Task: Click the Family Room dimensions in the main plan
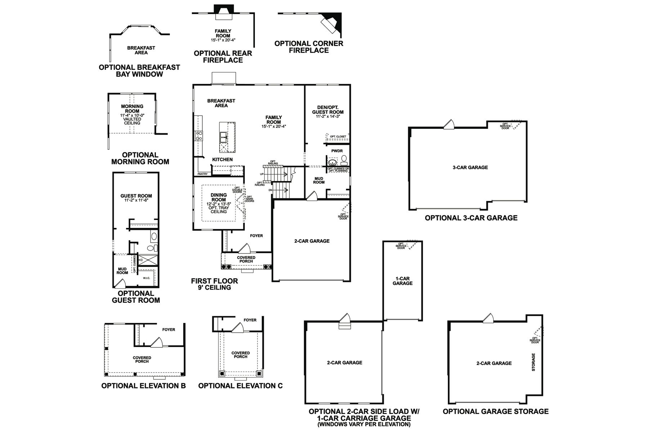(274, 126)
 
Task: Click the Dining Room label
(219, 197)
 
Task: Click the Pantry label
(203, 174)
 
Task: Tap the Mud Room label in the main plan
(319, 180)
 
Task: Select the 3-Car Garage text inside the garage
(470, 167)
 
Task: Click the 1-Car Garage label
(402, 281)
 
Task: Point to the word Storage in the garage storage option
(534, 362)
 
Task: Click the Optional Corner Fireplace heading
(309, 47)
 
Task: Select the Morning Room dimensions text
(132, 115)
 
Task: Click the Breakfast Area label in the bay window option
(141, 50)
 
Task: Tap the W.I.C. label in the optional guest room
(146, 278)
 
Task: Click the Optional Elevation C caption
(240, 386)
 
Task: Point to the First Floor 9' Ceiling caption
(215, 284)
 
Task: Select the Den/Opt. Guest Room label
(328, 109)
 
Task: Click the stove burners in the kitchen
(199, 136)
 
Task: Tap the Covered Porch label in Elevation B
(142, 359)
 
